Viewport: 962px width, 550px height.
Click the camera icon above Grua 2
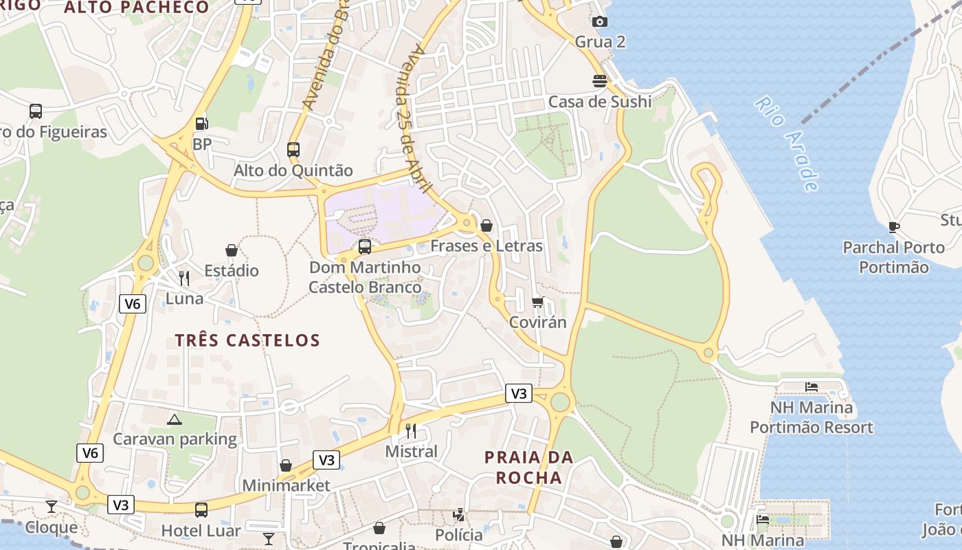pyautogui.click(x=600, y=22)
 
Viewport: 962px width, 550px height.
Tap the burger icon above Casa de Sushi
pyautogui.click(x=600, y=81)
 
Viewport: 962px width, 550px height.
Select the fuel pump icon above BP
pyautogui.click(x=202, y=124)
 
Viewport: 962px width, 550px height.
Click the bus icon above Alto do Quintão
pyautogui.click(x=293, y=149)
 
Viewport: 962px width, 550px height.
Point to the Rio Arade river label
pyautogui.click(x=787, y=144)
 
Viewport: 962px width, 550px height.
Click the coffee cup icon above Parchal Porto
pyautogui.click(x=894, y=227)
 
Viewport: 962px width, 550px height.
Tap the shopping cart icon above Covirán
pyautogui.click(x=538, y=302)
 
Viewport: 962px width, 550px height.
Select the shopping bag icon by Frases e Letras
pyautogui.click(x=486, y=225)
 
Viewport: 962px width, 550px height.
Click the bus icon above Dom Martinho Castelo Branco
pyautogui.click(x=365, y=246)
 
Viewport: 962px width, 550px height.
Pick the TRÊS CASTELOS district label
pyautogui.click(x=247, y=340)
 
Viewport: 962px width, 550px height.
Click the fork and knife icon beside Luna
pyautogui.click(x=184, y=278)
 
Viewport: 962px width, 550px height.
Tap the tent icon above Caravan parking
pyautogui.click(x=175, y=419)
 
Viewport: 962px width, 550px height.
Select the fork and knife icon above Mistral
pyautogui.click(x=411, y=431)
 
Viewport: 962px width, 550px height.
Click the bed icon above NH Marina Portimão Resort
pyautogui.click(x=812, y=387)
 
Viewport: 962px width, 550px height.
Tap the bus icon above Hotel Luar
pyautogui.click(x=201, y=510)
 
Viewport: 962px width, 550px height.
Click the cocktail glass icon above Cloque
pyautogui.click(x=52, y=507)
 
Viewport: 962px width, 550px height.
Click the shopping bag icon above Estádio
pyautogui.click(x=232, y=250)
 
